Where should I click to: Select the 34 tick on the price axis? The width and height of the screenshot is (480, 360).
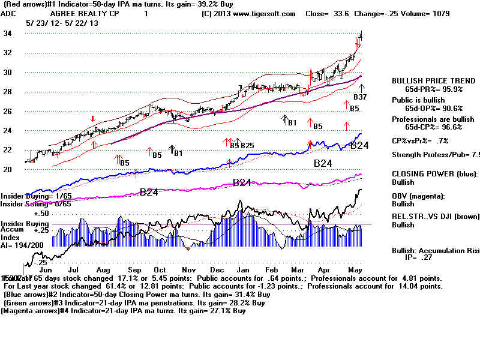click(8, 34)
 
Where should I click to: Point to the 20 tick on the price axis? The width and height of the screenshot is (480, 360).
click(8, 170)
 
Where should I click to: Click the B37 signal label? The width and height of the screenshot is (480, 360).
click(359, 97)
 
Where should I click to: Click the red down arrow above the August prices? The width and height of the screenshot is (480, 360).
click(92, 119)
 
